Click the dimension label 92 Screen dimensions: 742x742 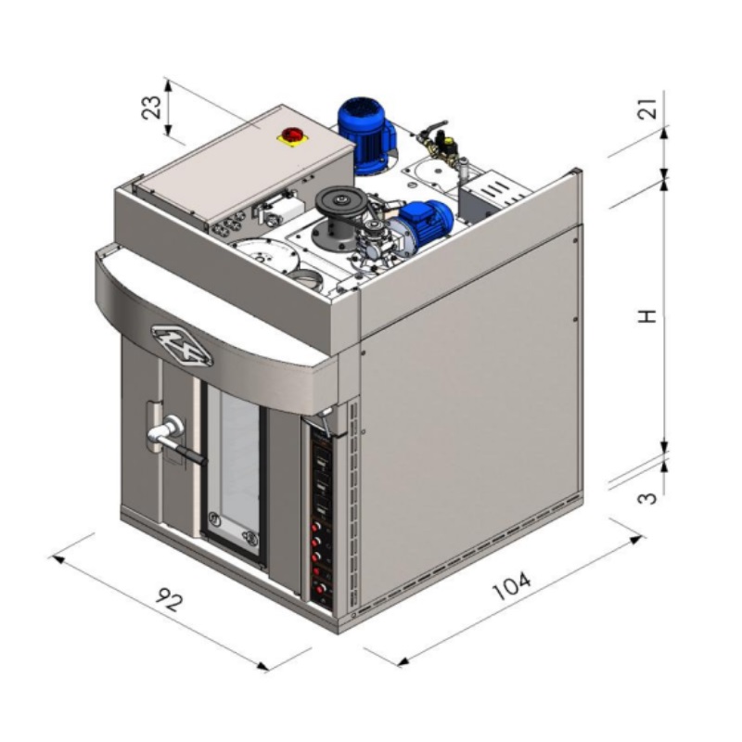(x=169, y=599)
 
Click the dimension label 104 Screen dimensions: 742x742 (x=512, y=586)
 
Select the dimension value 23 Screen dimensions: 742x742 (x=151, y=108)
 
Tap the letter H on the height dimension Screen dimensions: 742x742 (x=646, y=316)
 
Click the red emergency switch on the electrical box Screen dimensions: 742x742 (x=288, y=134)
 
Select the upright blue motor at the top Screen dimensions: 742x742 (x=365, y=134)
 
